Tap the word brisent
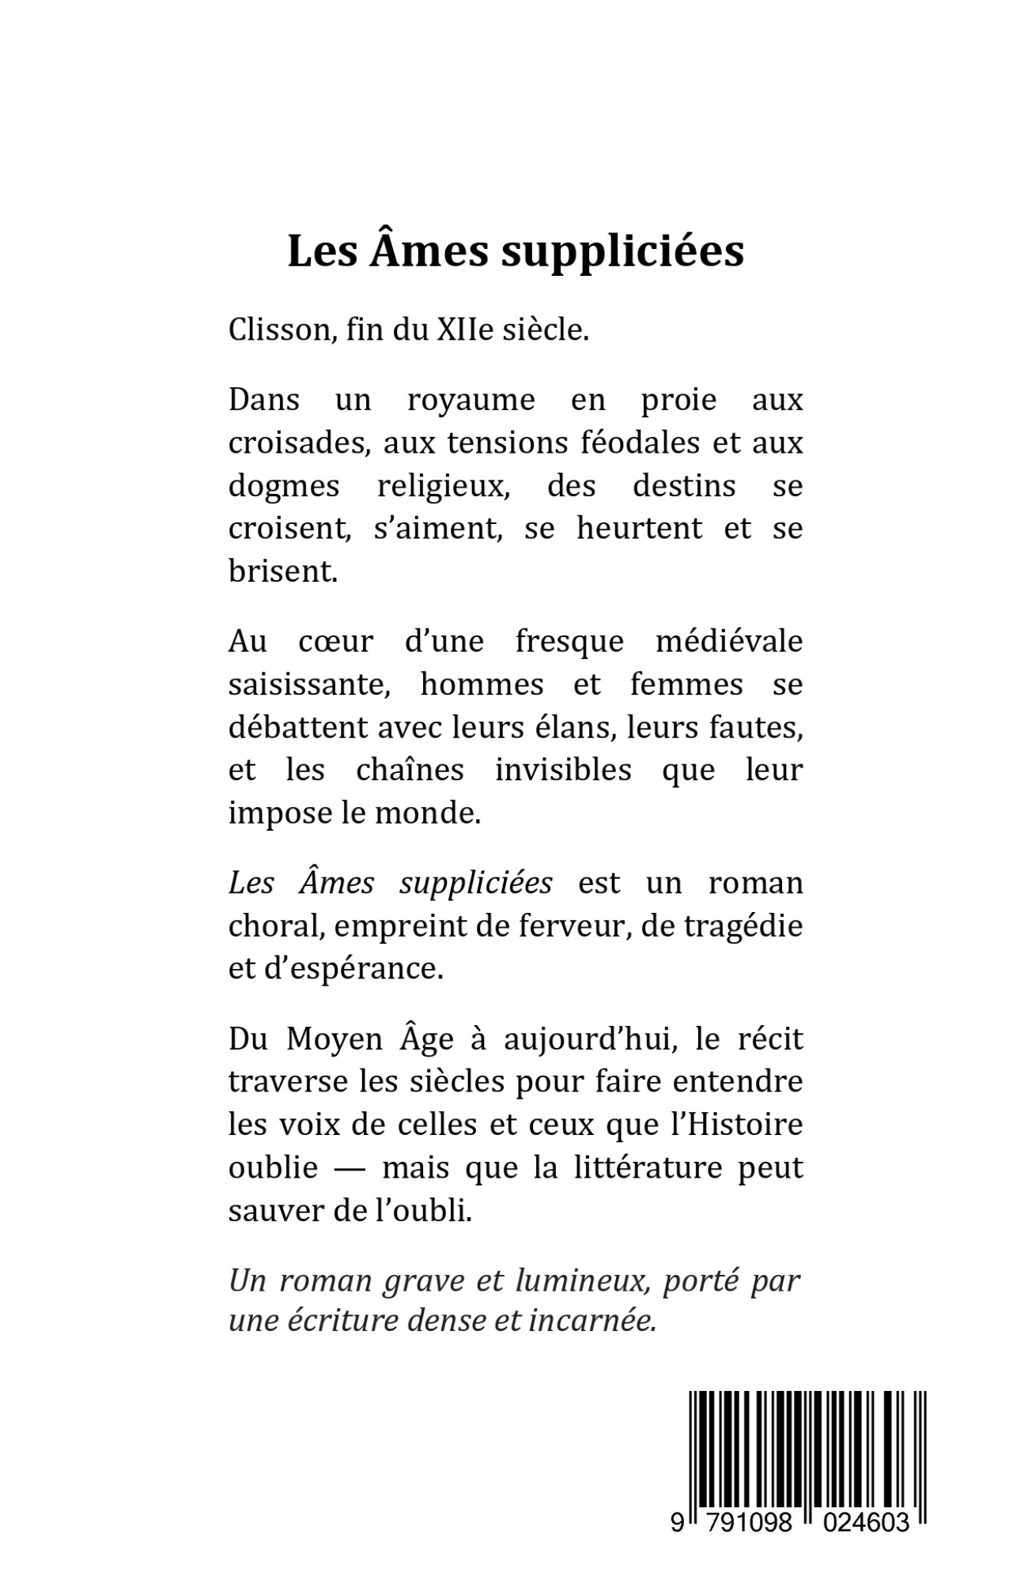click(282, 571)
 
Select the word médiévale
click(729, 641)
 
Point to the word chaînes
click(410, 770)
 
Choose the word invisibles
click(563, 770)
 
